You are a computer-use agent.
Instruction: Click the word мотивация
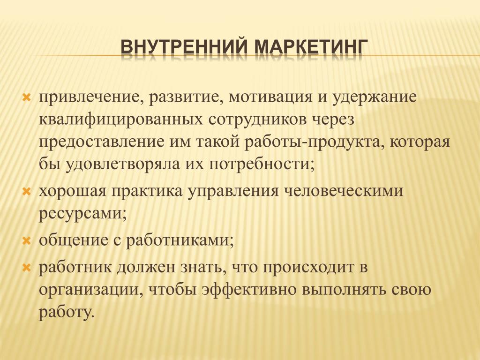tap(270, 98)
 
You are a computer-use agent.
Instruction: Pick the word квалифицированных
tap(121, 120)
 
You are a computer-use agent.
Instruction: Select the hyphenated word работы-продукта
tap(315, 143)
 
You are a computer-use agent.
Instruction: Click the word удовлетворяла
tap(122, 165)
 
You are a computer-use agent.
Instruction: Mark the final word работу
tap(65, 312)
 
